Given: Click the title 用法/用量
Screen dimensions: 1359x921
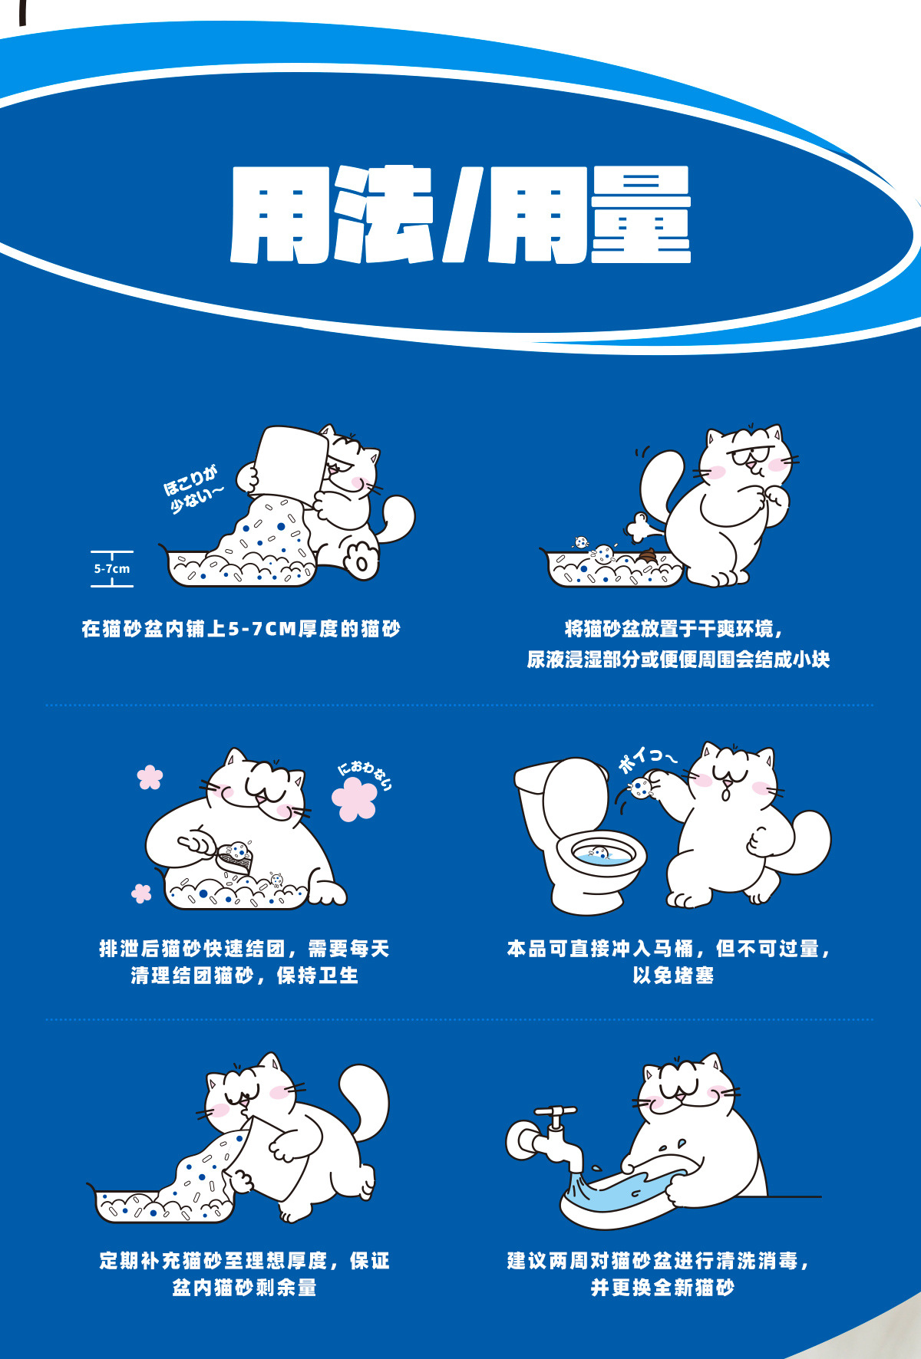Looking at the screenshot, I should point(460,215).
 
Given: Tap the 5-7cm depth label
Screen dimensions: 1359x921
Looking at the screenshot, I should point(112,569).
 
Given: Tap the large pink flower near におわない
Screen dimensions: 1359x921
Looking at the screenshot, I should point(355,798).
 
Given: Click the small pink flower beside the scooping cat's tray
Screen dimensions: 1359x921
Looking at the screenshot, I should point(142,893).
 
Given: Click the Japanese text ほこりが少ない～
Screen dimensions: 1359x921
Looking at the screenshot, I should point(193,489).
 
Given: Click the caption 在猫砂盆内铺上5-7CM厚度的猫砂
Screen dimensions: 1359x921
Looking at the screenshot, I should point(241,630).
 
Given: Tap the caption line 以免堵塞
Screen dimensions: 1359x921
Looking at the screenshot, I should point(673,976).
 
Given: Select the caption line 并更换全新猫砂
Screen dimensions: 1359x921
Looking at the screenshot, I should point(662,1288).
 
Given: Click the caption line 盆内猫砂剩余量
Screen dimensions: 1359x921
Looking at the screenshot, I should point(244,1288).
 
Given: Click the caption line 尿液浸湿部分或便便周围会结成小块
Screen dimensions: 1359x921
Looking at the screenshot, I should point(678,660).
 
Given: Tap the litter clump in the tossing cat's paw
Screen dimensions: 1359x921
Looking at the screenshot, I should point(639,787).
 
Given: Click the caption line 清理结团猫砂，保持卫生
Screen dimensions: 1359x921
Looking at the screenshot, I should point(244,976).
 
